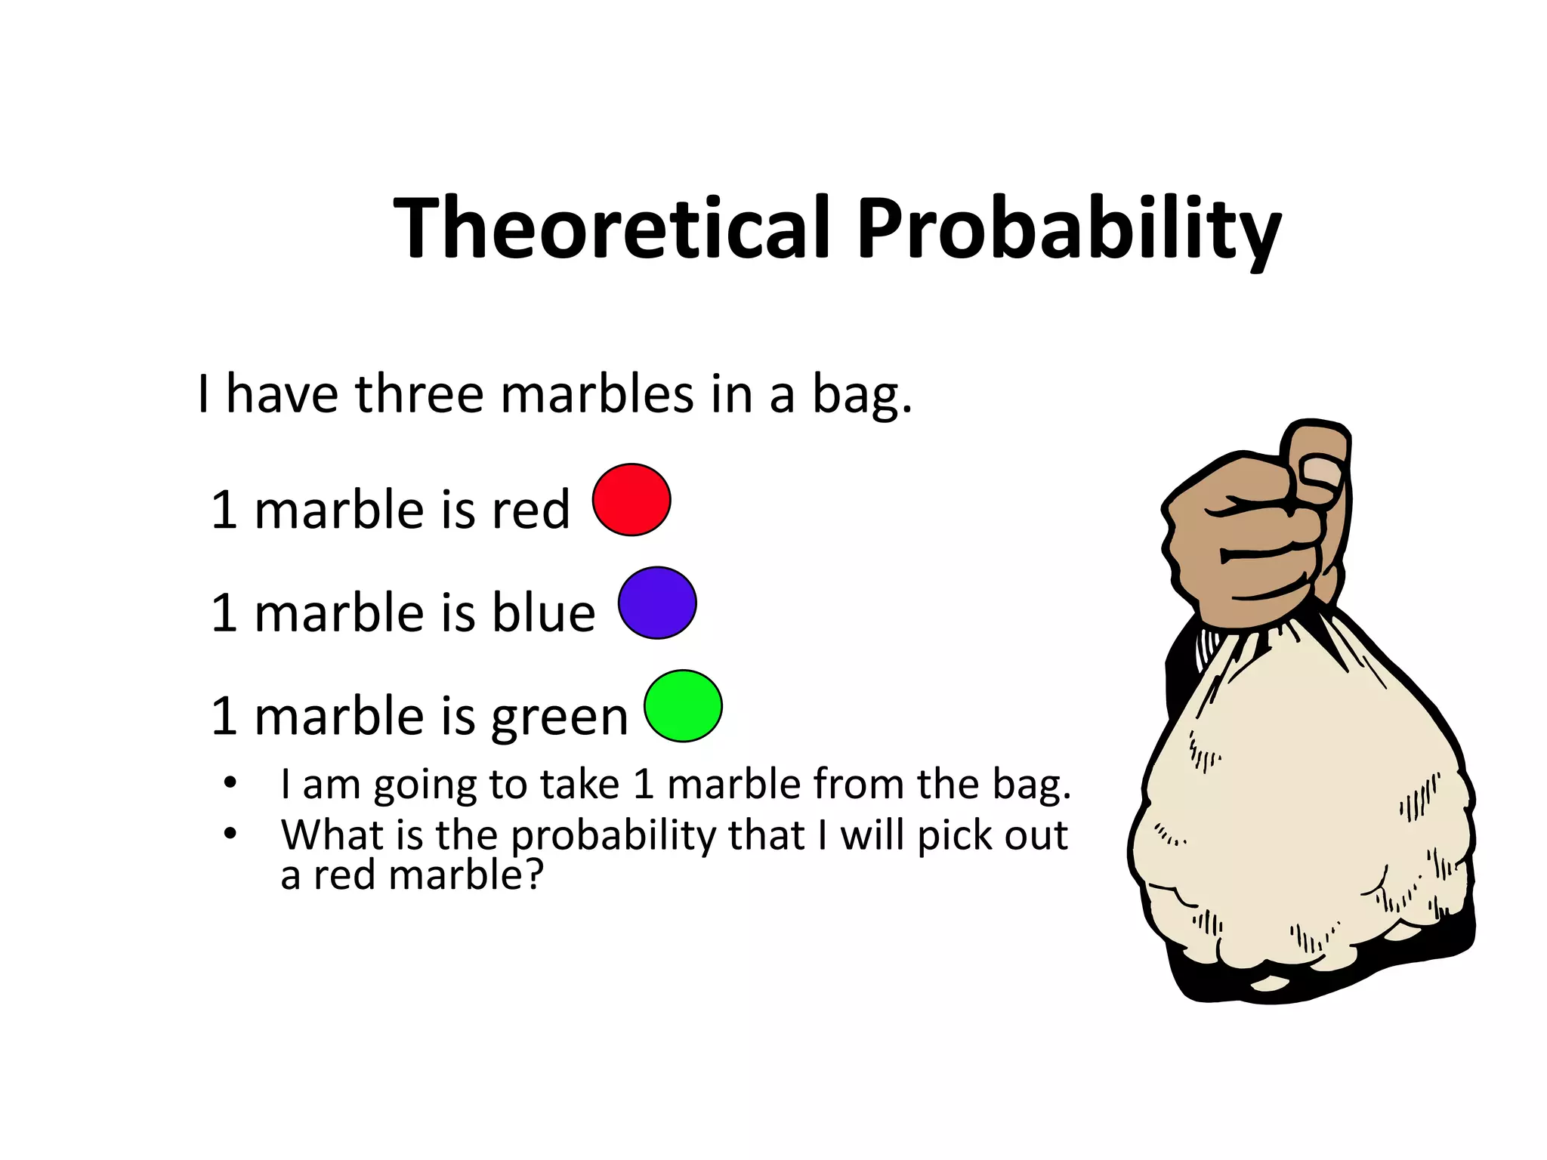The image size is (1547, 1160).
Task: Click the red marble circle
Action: click(x=631, y=500)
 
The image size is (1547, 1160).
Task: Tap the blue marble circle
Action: click(x=657, y=603)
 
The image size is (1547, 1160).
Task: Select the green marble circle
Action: click(x=683, y=706)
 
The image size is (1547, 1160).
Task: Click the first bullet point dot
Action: click(x=230, y=782)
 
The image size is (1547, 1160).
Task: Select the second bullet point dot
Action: click(x=230, y=834)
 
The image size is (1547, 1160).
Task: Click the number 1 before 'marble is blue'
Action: click(x=224, y=612)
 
